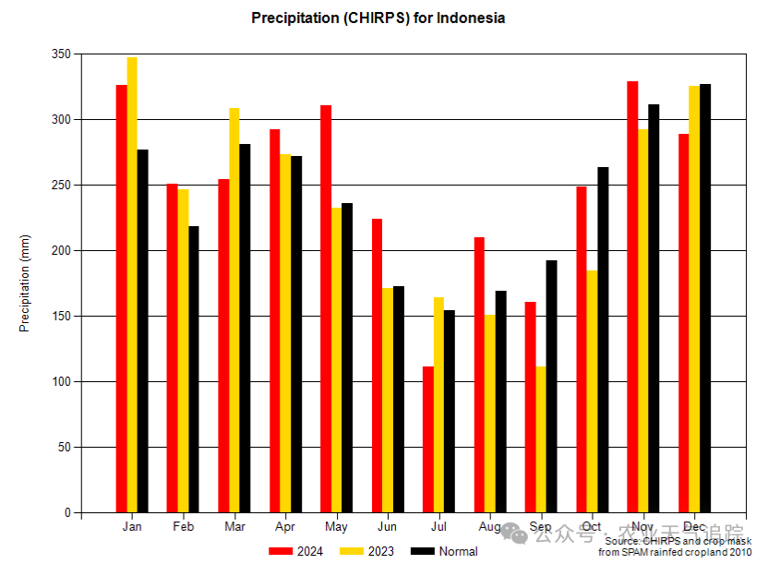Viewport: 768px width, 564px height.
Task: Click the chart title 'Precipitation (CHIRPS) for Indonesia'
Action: click(x=378, y=18)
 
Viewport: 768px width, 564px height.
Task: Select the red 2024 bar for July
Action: click(x=428, y=439)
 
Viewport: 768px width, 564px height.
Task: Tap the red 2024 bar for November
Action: click(x=632, y=296)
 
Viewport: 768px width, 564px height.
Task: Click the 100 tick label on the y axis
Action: click(x=61, y=382)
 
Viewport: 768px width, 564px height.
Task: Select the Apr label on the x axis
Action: click(x=285, y=527)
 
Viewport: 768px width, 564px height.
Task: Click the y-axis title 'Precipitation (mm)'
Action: click(x=25, y=283)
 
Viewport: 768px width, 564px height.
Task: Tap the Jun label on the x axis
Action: click(x=388, y=527)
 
